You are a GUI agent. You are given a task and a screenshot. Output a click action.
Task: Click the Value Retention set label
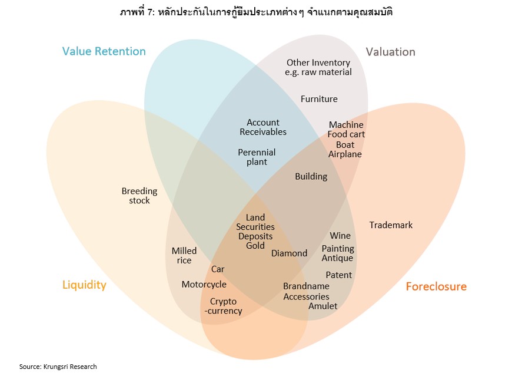click(104, 51)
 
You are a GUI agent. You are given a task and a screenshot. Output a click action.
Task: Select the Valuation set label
click(390, 52)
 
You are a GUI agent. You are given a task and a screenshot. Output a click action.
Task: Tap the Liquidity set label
click(84, 285)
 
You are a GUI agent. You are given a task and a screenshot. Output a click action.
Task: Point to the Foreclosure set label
click(436, 287)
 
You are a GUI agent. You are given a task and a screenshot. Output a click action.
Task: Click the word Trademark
click(391, 225)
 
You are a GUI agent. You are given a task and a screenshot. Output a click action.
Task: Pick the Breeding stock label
click(139, 196)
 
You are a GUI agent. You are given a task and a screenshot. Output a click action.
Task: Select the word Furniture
click(319, 99)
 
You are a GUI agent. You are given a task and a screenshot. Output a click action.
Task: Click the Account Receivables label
click(263, 127)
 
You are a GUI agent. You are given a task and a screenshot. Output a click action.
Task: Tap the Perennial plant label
click(257, 157)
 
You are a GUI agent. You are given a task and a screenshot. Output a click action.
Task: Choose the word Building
click(311, 176)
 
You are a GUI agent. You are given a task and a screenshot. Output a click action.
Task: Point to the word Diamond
click(289, 253)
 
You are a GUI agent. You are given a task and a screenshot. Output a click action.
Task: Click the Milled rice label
click(184, 256)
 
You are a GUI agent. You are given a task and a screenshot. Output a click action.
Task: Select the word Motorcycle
click(204, 285)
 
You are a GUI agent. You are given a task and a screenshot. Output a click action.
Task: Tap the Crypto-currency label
click(223, 306)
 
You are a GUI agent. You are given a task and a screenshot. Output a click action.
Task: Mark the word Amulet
click(323, 306)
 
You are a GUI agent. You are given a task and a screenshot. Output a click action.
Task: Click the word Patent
click(338, 275)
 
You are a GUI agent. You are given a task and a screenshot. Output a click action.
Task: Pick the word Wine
click(340, 236)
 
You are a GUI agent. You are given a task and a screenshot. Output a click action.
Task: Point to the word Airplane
click(345, 154)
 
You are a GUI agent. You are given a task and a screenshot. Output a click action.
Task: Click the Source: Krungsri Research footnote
click(58, 367)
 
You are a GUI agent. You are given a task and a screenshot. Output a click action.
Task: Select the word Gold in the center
click(255, 246)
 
